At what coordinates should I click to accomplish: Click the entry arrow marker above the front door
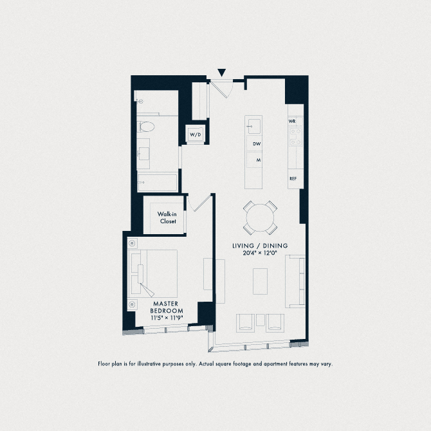tap(222, 73)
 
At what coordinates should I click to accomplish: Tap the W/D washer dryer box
tap(195, 134)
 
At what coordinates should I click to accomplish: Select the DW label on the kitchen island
tap(256, 144)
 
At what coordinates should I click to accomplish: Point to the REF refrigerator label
tap(293, 179)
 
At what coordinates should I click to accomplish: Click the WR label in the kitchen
tap(292, 121)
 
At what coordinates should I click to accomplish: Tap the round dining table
tap(261, 218)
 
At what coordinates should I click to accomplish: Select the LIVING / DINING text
tap(261, 246)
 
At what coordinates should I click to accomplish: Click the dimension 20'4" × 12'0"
tap(261, 254)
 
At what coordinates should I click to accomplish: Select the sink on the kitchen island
tap(254, 125)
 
